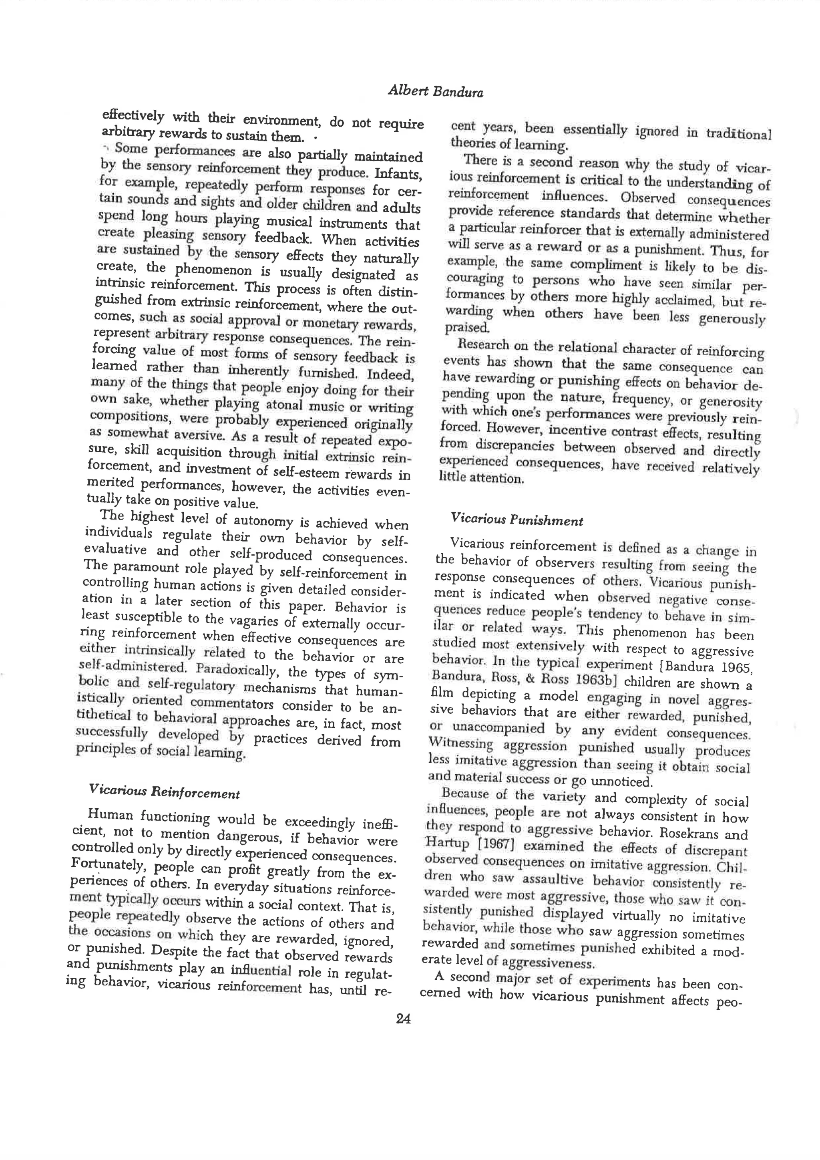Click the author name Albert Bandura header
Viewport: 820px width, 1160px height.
click(435, 91)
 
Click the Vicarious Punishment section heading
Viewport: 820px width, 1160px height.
click(517, 520)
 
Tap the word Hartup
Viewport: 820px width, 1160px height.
click(443, 842)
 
